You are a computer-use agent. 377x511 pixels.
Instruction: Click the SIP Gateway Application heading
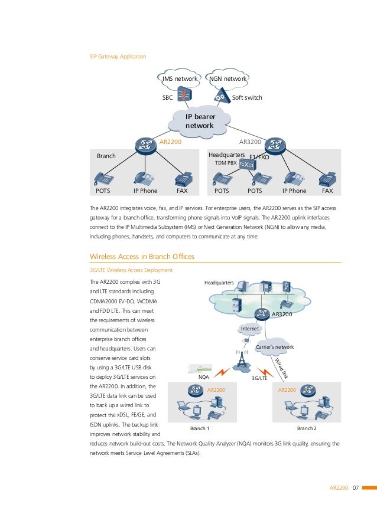tap(118, 57)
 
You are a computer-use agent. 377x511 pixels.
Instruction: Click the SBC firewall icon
tap(186, 96)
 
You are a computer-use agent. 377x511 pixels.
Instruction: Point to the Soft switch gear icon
tap(221, 96)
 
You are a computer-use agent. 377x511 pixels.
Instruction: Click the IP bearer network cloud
tap(200, 122)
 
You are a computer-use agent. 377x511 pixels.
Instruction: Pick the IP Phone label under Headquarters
tap(294, 191)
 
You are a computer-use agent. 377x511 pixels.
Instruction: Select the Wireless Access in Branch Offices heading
tap(142, 256)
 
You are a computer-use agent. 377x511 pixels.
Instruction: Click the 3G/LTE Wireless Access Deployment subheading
tap(131, 270)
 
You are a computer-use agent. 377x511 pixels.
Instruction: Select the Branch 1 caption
tap(200, 429)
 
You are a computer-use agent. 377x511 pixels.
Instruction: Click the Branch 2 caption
tap(307, 429)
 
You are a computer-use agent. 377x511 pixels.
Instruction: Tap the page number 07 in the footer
tap(356, 487)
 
